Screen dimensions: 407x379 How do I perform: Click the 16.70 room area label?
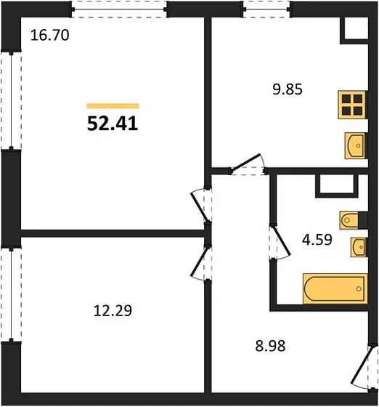point(49,34)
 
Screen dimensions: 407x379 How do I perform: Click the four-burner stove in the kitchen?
point(352,106)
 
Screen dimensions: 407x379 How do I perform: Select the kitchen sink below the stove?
point(354,145)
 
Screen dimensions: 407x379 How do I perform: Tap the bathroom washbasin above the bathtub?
point(357,247)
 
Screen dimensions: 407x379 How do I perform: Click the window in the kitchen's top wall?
point(266,8)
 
